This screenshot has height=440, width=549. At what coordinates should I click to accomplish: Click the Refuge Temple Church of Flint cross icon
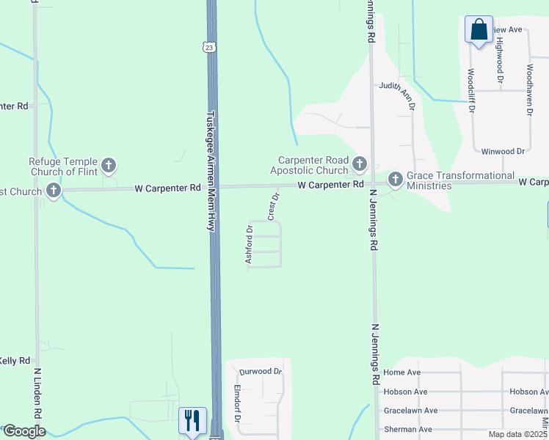point(109,165)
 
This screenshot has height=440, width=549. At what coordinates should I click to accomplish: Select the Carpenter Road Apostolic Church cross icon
point(359,164)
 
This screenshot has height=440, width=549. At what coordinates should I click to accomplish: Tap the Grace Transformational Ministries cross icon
point(395,178)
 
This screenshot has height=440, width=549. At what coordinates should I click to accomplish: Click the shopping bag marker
point(479,31)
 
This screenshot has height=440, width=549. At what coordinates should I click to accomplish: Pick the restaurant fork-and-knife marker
point(192,420)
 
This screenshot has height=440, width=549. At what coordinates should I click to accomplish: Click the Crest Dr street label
point(274,206)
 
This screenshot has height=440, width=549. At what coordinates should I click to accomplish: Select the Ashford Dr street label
point(249,245)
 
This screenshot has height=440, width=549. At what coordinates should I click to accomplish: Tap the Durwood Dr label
point(261,371)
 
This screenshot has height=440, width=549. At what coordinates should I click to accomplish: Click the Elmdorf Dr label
point(237,404)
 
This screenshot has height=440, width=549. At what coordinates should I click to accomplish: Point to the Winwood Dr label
point(503,151)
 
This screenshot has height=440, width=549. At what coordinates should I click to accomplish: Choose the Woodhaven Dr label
point(528,89)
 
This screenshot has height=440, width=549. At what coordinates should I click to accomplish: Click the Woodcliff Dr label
point(470,91)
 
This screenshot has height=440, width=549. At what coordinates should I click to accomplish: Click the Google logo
point(24,431)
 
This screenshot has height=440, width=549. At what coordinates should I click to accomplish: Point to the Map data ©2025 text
point(518,434)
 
